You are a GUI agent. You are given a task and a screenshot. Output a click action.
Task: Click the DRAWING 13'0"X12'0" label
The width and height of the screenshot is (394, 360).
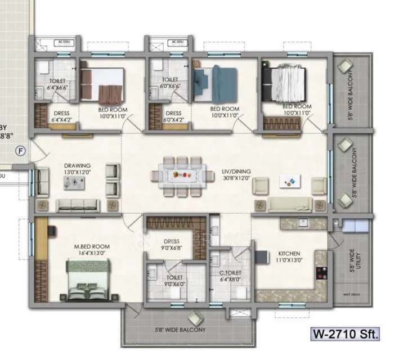point(77,169)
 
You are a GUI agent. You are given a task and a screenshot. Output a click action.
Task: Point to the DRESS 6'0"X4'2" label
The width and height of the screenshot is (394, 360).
point(173,116)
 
